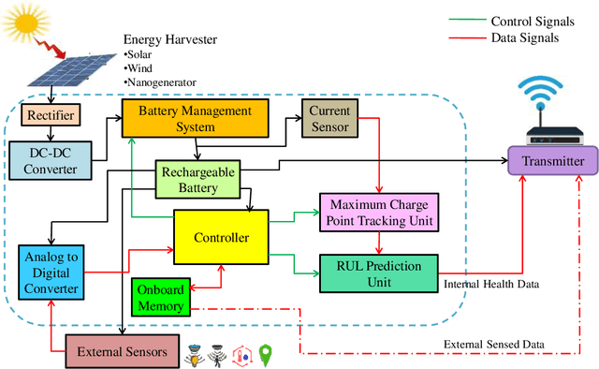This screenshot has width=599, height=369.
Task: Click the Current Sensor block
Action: [x=328, y=120]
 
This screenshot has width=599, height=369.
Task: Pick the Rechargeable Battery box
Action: [x=197, y=179]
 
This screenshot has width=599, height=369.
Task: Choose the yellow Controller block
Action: [x=221, y=238]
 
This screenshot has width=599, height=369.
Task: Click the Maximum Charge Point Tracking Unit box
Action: [x=377, y=211]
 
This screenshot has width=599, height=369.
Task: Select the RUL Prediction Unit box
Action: [x=377, y=272]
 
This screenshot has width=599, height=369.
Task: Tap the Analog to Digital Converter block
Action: [x=51, y=272]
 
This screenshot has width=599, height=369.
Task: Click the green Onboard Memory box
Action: [x=162, y=297]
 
